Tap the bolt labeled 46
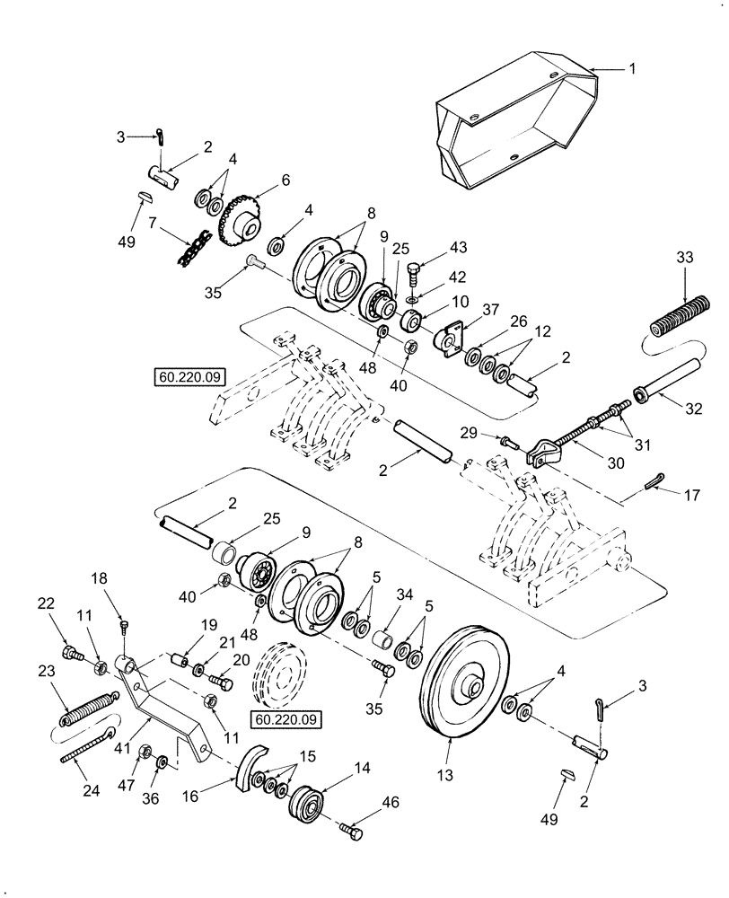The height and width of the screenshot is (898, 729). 351,830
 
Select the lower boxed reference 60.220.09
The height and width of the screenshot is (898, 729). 285,719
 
